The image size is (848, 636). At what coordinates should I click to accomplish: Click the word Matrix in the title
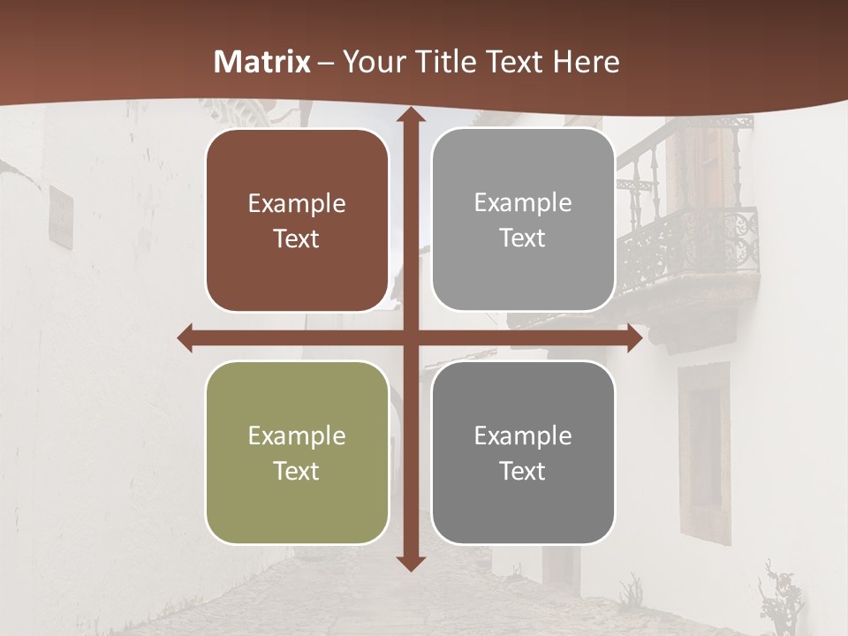point(262,62)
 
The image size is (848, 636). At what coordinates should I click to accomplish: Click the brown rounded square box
point(297,221)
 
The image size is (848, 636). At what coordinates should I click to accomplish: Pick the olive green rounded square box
point(297,452)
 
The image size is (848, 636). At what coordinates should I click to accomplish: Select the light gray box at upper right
point(523,220)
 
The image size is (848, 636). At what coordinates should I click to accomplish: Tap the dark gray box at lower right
point(523,452)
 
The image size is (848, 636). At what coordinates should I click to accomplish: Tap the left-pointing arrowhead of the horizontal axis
point(185,338)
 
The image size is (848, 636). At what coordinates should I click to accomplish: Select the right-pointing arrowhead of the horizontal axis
point(634,338)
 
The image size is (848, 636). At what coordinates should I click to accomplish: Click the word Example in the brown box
point(297,204)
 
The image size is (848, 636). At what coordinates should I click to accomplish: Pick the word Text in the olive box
point(297,471)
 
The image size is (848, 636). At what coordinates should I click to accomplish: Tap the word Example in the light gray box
point(523,203)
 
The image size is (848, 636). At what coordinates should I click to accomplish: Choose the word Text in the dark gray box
point(523,471)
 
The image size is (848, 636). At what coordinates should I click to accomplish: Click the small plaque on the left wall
point(61,216)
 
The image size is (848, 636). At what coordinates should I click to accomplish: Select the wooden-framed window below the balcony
point(704,450)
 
